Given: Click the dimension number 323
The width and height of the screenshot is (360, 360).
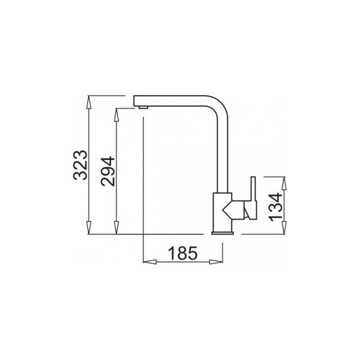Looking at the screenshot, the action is coord(80,165).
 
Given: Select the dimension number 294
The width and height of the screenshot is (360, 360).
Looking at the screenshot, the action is coord(107,171).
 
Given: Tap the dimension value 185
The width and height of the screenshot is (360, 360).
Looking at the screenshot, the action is coord(182,253).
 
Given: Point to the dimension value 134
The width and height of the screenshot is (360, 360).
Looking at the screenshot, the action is coord(275,207).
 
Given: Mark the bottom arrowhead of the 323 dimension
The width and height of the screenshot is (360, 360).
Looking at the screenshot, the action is coord(88,228).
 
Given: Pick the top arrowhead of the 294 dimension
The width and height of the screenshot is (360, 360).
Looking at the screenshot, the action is coord(116,115).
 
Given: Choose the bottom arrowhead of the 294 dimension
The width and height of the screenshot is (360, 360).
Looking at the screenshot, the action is coord(116,228).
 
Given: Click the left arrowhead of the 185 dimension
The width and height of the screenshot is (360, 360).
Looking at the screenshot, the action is coord(149,262).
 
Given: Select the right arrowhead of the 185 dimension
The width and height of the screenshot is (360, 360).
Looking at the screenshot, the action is coord(216,262).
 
